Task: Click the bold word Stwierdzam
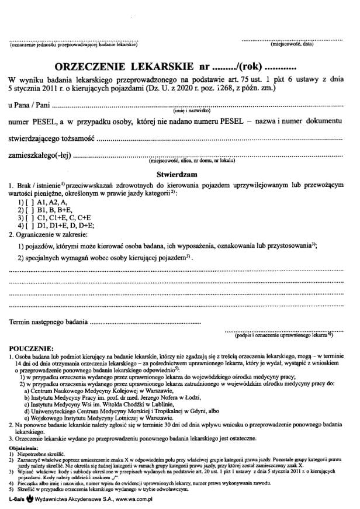(178, 175)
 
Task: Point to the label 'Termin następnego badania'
(49, 322)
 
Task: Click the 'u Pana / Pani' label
(29, 105)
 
